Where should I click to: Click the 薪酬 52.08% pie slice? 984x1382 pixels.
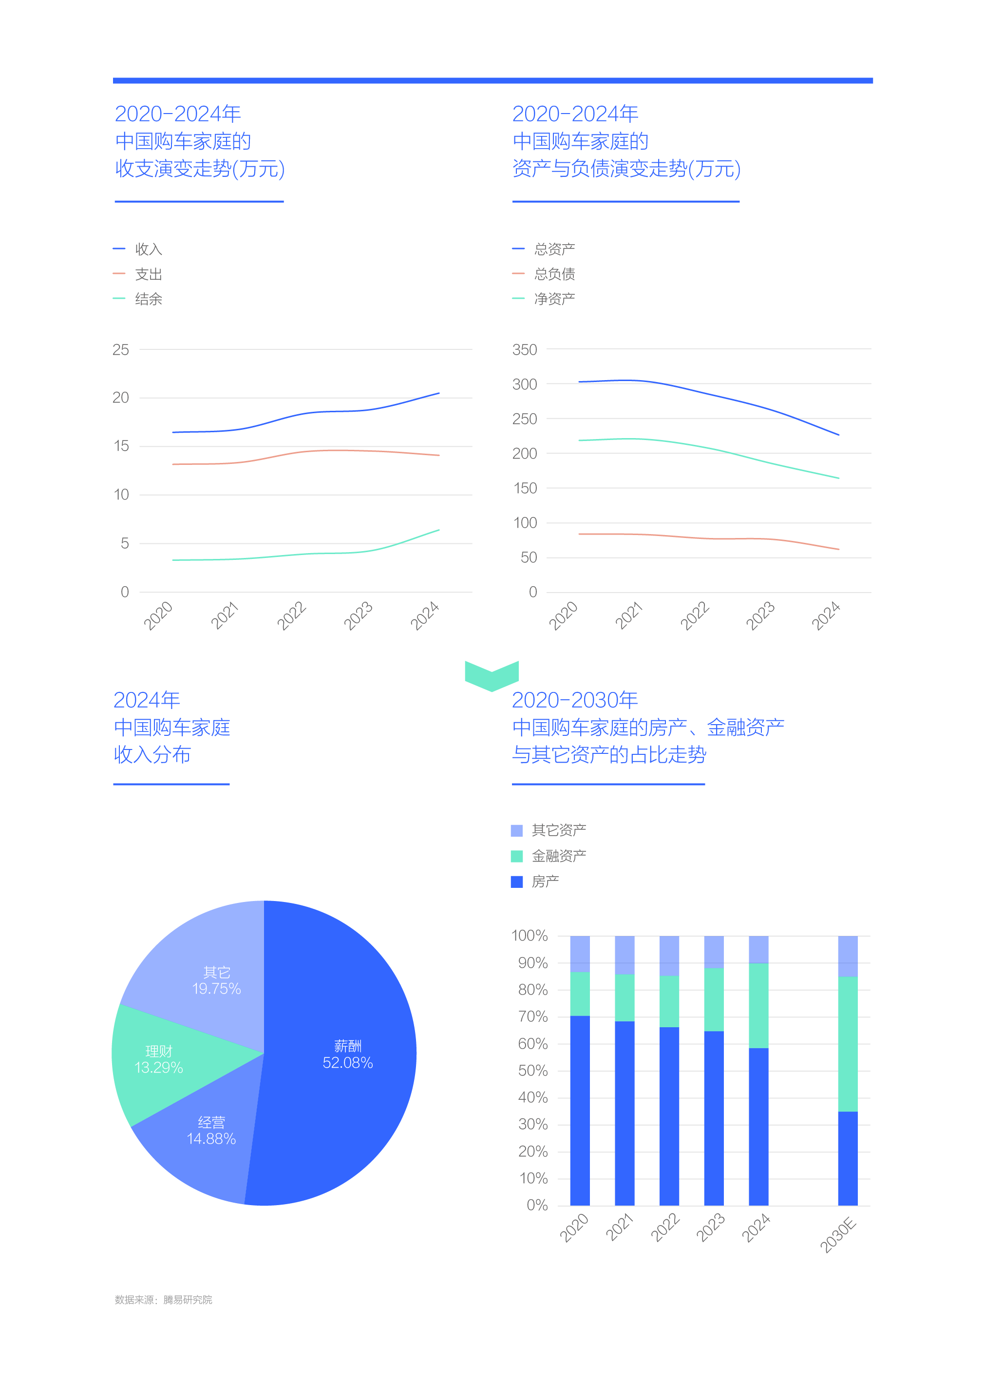click(347, 1055)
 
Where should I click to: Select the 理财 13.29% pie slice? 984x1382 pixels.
click(159, 1059)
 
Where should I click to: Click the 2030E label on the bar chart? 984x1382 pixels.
click(838, 1235)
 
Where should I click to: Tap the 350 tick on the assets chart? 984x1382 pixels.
click(525, 350)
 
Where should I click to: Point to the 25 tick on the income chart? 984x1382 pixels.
click(121, 350)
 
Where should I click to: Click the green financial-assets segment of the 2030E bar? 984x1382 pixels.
click(848, 1044)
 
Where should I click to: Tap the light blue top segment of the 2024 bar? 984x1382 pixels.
click(758, 949)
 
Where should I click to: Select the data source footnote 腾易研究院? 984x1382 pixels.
click(164, 1300)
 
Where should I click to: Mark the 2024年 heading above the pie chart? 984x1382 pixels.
click(147, 700)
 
